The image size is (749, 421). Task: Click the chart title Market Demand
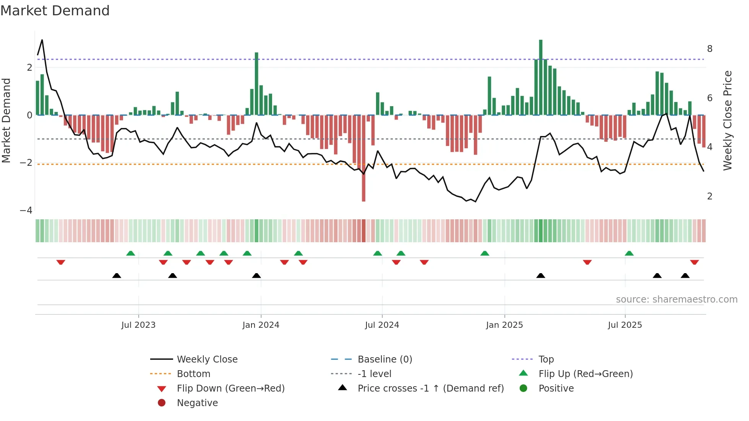55,11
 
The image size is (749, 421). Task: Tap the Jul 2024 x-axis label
382,325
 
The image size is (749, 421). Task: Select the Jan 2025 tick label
504,325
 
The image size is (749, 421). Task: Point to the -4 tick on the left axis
26,210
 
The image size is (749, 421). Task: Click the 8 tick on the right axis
710,49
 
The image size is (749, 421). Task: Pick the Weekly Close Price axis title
728,120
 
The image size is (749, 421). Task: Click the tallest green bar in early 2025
541,76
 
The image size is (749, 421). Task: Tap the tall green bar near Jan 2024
256,83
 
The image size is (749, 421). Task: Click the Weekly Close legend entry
207,359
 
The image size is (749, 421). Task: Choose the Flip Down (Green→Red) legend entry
230,389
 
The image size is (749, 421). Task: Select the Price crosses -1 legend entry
430,389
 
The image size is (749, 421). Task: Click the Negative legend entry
197,403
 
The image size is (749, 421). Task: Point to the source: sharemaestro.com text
676,300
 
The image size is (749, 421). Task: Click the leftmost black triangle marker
117,276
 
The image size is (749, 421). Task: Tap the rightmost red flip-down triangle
694,262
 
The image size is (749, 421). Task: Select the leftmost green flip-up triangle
131,253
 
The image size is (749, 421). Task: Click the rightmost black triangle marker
685,276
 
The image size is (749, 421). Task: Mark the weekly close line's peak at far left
42,40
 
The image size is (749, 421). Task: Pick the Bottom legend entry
193,374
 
